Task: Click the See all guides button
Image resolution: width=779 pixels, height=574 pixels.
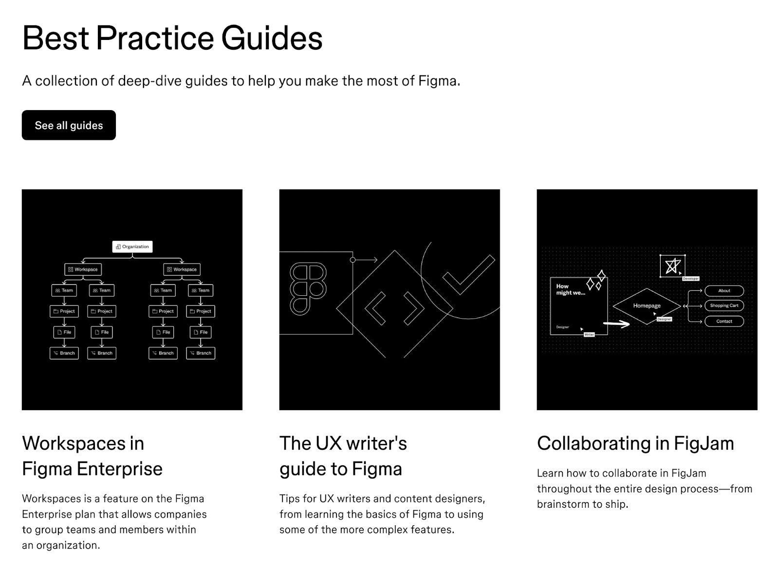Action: pos(69,125)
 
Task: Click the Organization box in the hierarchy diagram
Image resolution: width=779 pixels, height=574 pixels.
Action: pos(132,247)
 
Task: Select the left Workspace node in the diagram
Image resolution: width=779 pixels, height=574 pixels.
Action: pos(83,269)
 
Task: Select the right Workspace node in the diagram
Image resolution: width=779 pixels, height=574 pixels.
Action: pos(182,269)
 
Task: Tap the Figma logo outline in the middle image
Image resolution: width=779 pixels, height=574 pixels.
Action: pos(308,288)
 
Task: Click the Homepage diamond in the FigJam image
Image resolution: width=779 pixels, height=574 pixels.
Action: pos(646,306)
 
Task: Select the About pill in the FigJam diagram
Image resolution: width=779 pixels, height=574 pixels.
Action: pos(724,291)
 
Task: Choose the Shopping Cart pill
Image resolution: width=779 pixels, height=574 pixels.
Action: pos(724,306)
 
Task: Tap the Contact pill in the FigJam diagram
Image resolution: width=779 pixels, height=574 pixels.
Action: pos(724,321)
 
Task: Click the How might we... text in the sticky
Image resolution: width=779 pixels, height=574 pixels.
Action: pos(570,289)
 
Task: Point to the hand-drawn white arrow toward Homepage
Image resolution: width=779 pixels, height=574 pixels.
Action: pos(616,323)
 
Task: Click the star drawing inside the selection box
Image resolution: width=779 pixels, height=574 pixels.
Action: pos(672,266)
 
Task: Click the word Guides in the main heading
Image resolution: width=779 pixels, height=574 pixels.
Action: pos(272,38)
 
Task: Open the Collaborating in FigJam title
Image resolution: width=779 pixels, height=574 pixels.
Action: pos(635,443)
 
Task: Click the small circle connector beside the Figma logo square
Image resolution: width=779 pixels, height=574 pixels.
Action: pos(353,260)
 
